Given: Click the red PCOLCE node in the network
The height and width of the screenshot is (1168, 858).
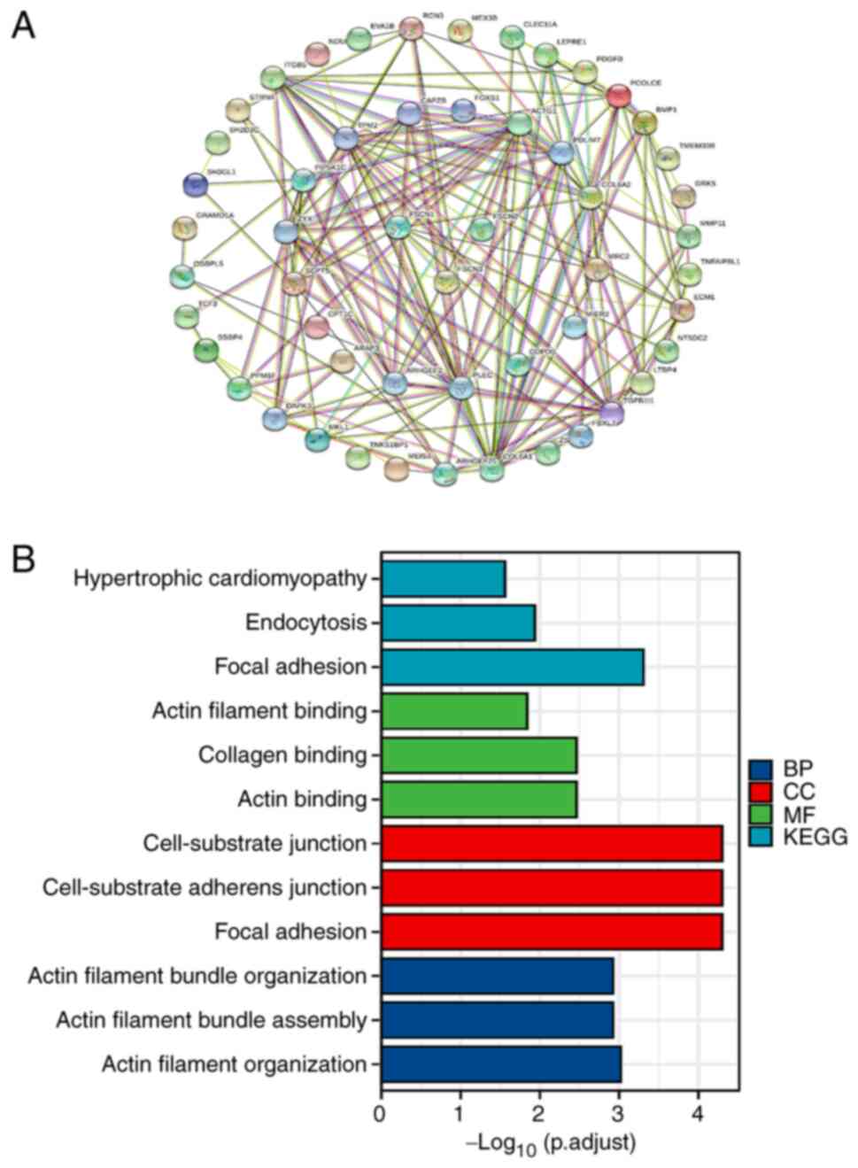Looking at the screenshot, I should [x=620, y=96].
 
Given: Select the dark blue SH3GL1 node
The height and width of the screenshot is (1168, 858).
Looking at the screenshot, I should [x=195, y=184].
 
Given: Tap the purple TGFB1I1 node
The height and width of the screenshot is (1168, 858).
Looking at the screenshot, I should [x=612, y=412].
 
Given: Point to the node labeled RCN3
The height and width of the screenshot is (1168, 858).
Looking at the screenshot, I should [x=409, y=29].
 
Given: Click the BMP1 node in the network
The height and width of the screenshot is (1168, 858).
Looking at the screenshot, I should [x=645, y=123].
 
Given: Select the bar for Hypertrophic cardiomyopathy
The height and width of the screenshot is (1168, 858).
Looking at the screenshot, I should [x=443, y=579].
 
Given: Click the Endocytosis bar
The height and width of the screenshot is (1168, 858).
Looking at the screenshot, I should [x=458, y=623].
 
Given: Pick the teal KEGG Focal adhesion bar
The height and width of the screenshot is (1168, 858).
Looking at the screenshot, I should [x=512, y=667].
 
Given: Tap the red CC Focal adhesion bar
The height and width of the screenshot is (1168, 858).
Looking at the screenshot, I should [x=552, y=932].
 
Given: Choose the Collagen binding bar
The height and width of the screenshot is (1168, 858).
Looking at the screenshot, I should [x=478, y=755].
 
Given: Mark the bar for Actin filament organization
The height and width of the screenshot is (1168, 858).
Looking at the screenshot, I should [x=501, y=1064].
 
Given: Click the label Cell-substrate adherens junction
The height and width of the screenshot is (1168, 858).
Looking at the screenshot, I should [x=205, y=887].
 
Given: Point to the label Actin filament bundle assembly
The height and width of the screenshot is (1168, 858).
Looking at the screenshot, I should [x=211, y=1020].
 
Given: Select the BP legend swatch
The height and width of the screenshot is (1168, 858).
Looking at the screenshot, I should [x=761, y=769].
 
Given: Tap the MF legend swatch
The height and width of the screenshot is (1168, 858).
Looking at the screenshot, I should [x=761, y=814].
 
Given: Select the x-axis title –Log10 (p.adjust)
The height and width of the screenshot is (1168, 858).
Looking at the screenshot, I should [x=551, y=1143].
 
